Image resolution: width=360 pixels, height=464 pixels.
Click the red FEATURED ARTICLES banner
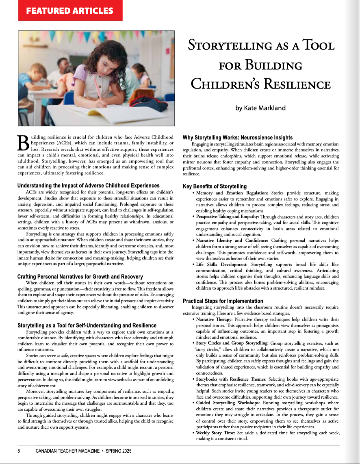(70, 11)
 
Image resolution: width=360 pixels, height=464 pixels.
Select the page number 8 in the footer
(19, 451)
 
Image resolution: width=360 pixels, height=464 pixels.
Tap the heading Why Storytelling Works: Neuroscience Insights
(237, 137)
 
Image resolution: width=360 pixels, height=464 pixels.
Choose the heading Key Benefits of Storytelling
(215, 186)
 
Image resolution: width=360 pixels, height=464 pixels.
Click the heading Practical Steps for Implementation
(223, 301)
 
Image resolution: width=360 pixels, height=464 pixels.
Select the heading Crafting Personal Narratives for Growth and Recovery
(80, 277)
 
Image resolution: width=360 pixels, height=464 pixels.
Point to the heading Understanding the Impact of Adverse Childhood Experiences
(88, 186)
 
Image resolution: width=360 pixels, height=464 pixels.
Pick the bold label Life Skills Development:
(220, 265)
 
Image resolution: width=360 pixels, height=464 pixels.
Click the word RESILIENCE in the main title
(291, 85)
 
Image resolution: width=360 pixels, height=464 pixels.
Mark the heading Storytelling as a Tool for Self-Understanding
(87, 325)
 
